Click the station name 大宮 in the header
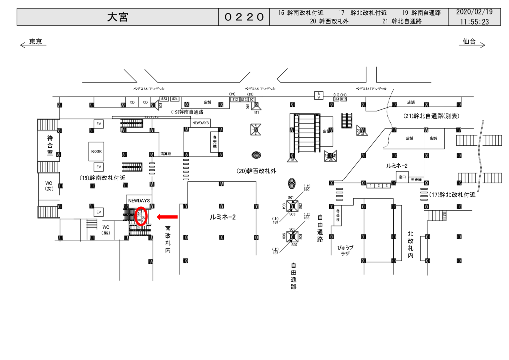(118, 17)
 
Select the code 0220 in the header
(244, 17)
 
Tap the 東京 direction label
(35, 42)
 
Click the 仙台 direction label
(469, 42)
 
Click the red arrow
(167, 217)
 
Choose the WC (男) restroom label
(105, 230)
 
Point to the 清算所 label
(166, 153)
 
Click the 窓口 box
(402, 176)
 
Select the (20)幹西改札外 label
(256, 171)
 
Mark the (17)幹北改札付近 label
(453, 195)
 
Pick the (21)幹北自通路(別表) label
(431, 116)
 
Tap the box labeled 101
(252, 99)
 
